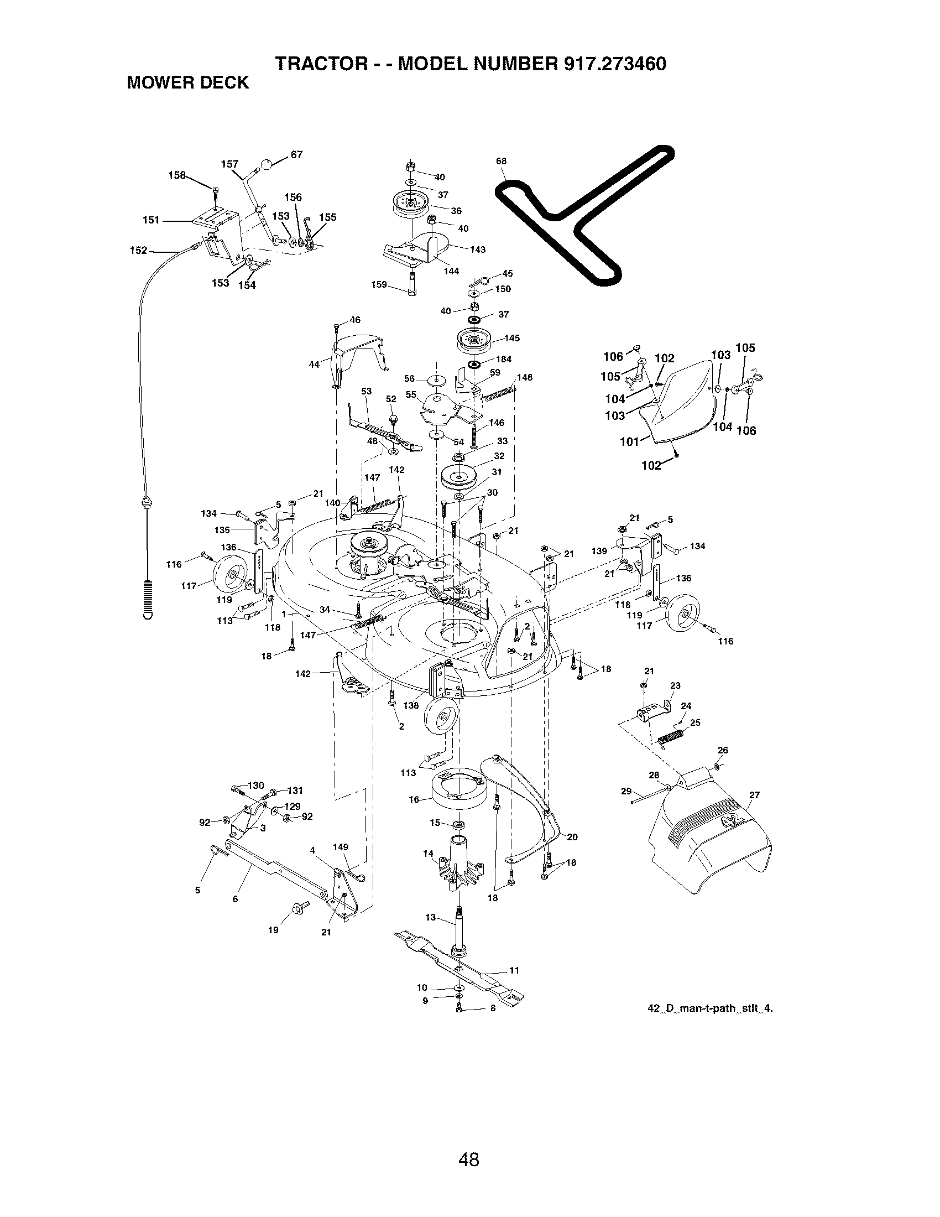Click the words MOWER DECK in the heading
[x=187, y=83]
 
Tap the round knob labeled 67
[x=268, y=163]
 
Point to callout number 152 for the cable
[x=138, y=251]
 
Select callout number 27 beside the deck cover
[x=754, y=795]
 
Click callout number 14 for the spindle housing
[x=427, y=853]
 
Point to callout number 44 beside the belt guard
[x=314, y=365]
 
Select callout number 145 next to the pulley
[x=512, y=338]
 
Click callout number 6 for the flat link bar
[x=235, y=899]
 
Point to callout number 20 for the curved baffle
[x=572, y=836]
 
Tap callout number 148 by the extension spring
[x=525, y=377]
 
